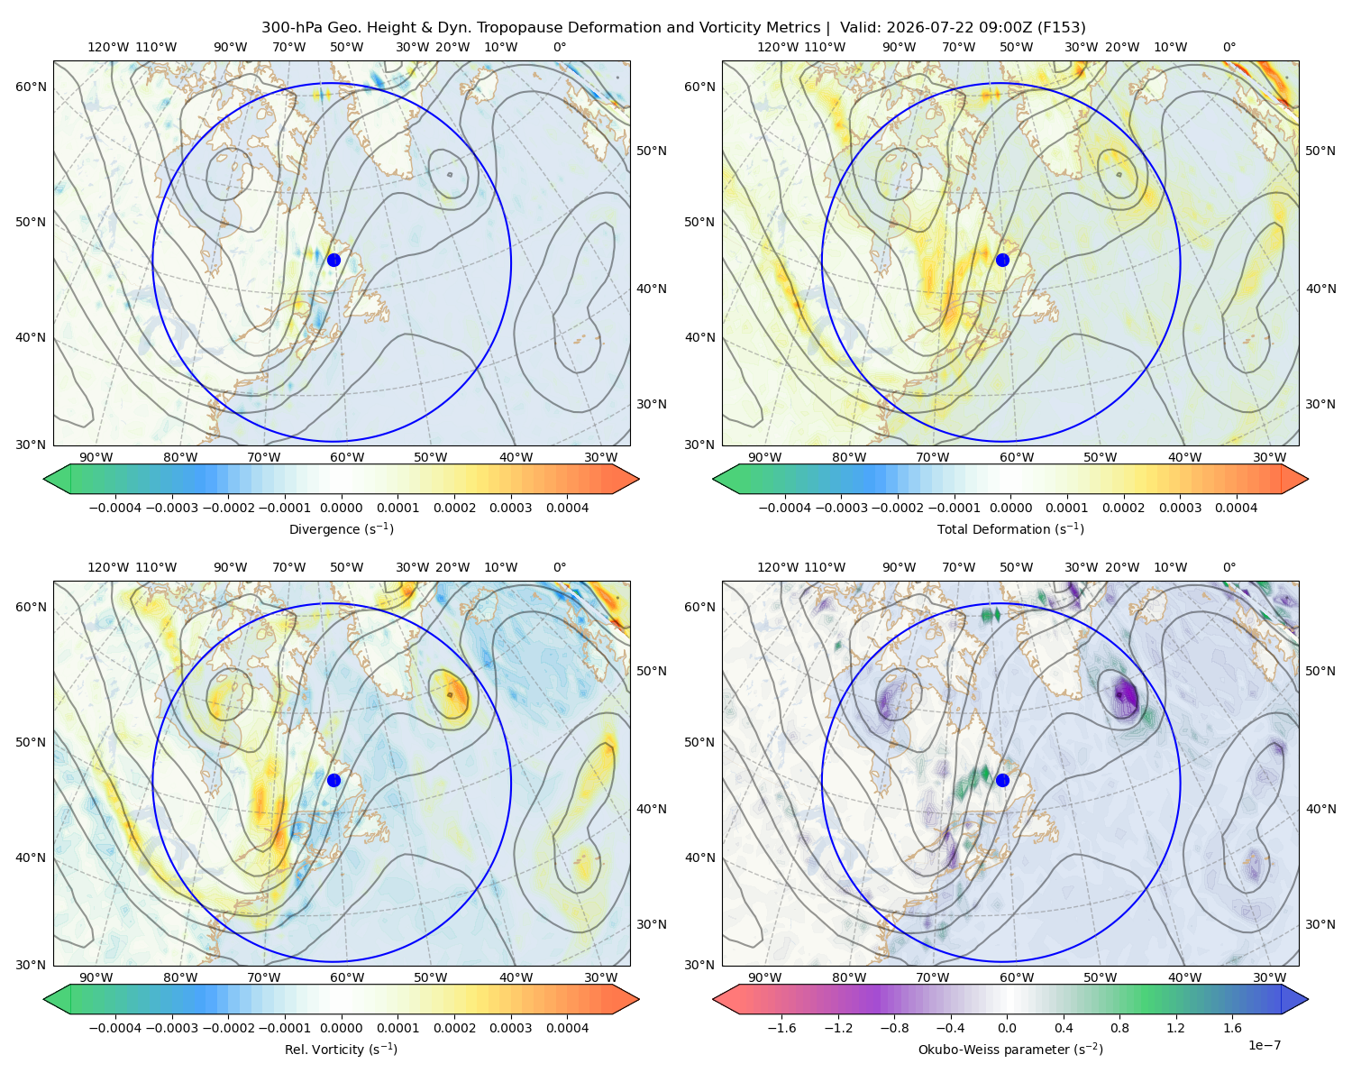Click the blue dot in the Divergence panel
pyautogui.click(x=333, y=260)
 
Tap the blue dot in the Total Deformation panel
pyautogui.click(x=1002, y=260)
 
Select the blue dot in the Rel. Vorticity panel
pyautogui.click(x=333, y=780)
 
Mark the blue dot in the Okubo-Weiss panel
pyautogui.click(x=1002, y=780)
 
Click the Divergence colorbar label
pyautogui.click(x=341, y=528)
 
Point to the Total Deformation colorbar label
pyautogui.click(x=1010, y=528)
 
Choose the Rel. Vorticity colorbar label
pyautogui.click(x=341, y=1049)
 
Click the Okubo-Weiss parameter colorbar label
pyautogui.click(x=1010, y=1049)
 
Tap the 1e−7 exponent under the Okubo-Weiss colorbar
pyautogui.click(x=1264, y=1045)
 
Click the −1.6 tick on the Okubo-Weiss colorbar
pyautogui.click(x=781, y=1027)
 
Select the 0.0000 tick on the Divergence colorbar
pyautogui.click(x=341, y=508)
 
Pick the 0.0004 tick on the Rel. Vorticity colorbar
pyautogui.click(x=567, y=1027)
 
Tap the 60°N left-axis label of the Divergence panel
pyautogui.click(x=31, y=87)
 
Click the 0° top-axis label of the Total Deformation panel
pyautogui.click(x=1229, y=47)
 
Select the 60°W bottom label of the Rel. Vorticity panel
pyautogui.click(x=347, y=977)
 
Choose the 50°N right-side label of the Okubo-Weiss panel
pyautogui.click(x=1320, y=670)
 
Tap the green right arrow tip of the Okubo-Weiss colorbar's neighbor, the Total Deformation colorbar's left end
pyautogui.click(x=714, y=479)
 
